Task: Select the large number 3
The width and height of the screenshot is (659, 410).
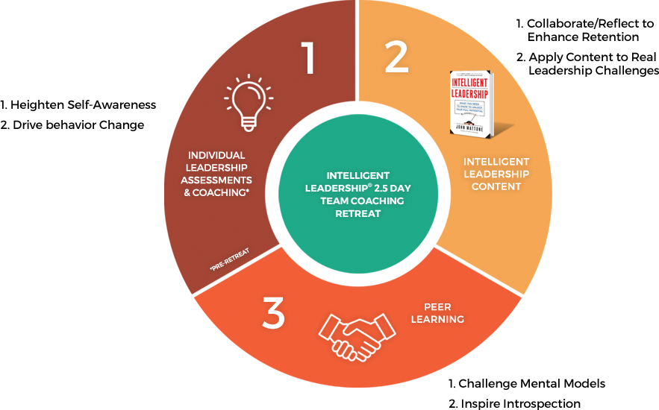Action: pos(274,315)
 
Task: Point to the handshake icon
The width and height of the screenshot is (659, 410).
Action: pos(357,335)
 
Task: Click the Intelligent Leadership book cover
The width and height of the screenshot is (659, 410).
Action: pos(472,104)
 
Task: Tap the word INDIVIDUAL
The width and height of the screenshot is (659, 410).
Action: pos(216,155)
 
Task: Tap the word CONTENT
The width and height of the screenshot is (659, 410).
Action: pos(496,186)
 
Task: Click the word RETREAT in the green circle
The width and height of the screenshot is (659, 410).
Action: pos(357,214)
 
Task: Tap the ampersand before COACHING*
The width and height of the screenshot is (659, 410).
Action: pos(192,193)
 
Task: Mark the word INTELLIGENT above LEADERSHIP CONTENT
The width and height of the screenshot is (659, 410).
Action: pos(496,161)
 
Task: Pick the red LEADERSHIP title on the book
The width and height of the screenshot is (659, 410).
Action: pos(471,94)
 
